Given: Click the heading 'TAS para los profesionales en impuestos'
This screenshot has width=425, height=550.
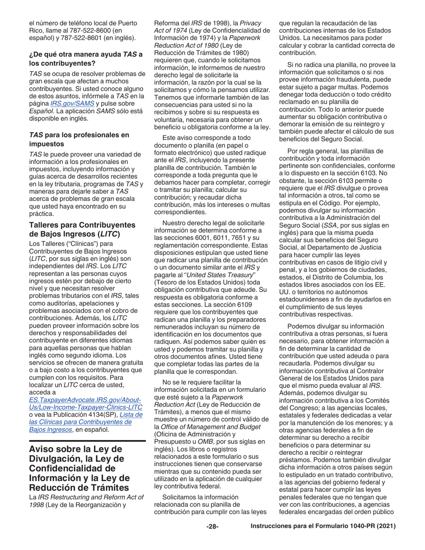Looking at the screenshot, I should tap(79, 139).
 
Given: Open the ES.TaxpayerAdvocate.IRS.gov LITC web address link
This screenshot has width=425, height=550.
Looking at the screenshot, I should tap(85, 403).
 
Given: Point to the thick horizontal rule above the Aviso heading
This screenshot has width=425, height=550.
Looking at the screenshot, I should tap(87, 441).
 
